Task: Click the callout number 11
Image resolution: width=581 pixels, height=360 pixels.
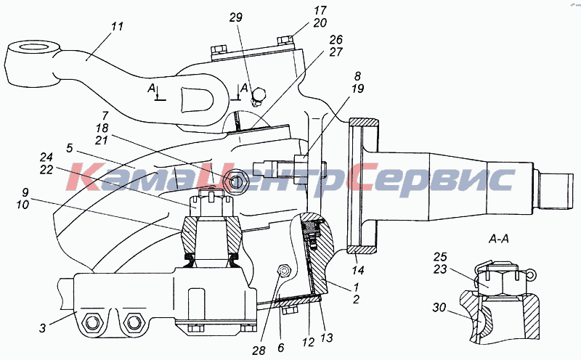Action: pos(118,26)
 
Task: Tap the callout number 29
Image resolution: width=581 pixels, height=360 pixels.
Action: pos(235,17)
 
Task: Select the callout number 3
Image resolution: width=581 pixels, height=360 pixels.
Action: pos(43,328)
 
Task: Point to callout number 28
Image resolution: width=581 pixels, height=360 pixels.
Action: pos(259,351)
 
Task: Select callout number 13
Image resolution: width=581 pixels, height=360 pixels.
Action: pos(327,337)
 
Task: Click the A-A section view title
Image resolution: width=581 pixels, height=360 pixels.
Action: pos(499,240)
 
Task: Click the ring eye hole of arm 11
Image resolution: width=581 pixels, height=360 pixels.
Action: pos(34,48)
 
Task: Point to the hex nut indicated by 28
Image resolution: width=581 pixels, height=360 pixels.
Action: pos(284,272)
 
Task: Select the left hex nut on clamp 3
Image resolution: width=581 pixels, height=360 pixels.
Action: pos(92,323)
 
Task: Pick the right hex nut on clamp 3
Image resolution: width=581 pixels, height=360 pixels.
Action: pos(133,323)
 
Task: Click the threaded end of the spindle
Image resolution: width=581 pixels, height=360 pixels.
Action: pos(556,191)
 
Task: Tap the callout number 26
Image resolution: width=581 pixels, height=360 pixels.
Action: pos(336,40)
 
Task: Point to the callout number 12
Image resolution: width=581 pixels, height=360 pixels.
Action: pos(308,343)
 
